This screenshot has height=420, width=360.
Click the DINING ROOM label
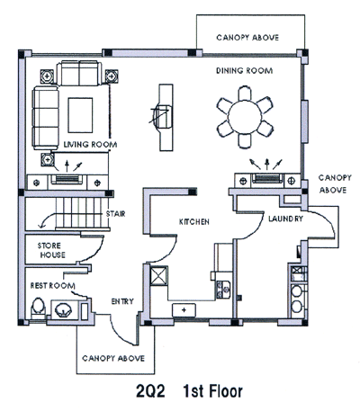pos(245,71)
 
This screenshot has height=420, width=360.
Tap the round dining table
pos(245,117)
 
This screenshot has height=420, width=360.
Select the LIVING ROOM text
pos(90,145)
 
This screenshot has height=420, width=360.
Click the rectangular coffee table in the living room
pos(80,115)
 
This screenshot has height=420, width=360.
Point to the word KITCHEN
pos(194,222)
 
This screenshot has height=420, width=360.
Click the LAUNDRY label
pos(285,219)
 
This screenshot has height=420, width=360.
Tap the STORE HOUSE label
pos(51,250)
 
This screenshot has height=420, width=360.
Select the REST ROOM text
pos(52,286)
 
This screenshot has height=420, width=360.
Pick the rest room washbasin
pos(63,309)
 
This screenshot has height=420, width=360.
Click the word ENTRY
pos(122,301)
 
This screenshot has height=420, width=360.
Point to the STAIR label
pos(115,214)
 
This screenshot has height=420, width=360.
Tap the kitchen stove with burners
pos(223,290)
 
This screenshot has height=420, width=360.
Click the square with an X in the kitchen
pos(159,275)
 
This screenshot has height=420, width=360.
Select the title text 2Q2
pos(150,391)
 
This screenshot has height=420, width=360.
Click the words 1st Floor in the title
pos(212,391)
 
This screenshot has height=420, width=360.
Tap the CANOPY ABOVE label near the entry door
pos(113,359)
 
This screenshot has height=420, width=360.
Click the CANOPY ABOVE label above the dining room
pos(247,38)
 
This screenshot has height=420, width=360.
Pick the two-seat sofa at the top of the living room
pos(77,73)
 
